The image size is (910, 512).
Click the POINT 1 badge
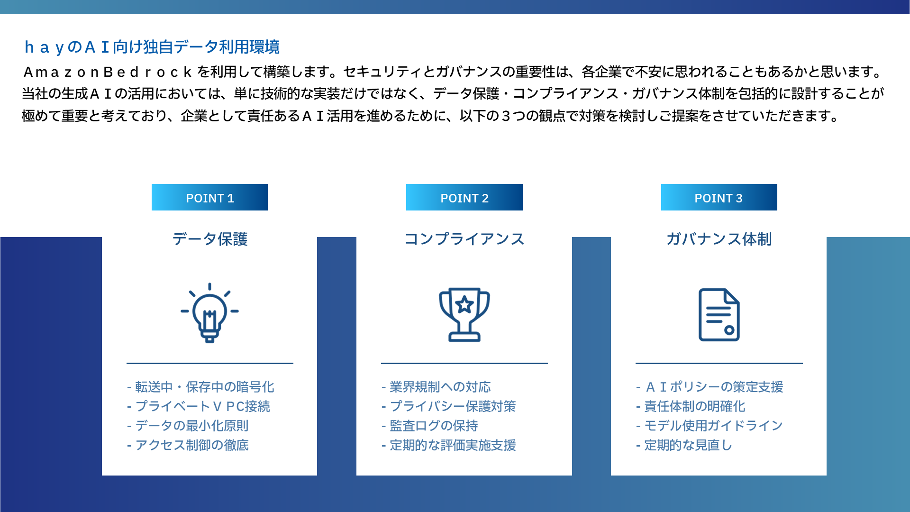[209, 197]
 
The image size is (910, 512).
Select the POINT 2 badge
[464, 197]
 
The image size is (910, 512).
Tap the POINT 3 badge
[719, 197]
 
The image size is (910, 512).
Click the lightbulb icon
[209, 313]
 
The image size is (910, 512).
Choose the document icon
[719, 315]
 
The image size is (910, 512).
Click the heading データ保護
[209, 239]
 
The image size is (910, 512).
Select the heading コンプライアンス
[464, 239]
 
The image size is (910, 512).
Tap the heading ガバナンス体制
[719, 239]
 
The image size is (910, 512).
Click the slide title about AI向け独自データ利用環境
[152, 47]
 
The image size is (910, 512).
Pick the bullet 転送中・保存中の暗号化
[200, 387]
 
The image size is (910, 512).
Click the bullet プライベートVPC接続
[199, 406]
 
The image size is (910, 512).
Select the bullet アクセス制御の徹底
[188, 445]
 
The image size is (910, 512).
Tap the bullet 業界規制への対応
[436, 387]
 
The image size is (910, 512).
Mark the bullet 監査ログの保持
[429, 426]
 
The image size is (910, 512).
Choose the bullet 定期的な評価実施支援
[449, 445]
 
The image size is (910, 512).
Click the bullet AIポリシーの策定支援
[710, 387]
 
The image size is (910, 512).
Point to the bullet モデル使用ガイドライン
[710, 426]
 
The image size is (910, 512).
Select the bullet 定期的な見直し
[684, 445]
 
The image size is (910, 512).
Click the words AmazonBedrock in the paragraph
[108, 72]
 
